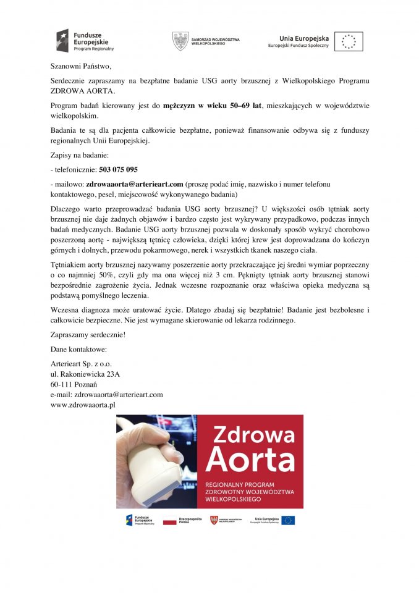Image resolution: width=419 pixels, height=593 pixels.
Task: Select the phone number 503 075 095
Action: pos(118,169)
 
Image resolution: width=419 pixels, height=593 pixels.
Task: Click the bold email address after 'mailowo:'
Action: pos(135,184)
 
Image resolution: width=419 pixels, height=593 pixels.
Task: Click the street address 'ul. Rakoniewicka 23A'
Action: pos(85,374)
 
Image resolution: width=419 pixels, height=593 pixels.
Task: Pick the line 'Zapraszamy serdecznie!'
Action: pos(88,335)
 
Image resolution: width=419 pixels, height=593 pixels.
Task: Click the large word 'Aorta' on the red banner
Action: pos(251,460)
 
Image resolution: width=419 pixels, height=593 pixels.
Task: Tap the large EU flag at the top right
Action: pos(349,41)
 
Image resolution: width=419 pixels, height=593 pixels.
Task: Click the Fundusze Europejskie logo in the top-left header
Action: pos(85,41)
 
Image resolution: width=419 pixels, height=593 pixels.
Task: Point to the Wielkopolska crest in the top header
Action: pos(180,41)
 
